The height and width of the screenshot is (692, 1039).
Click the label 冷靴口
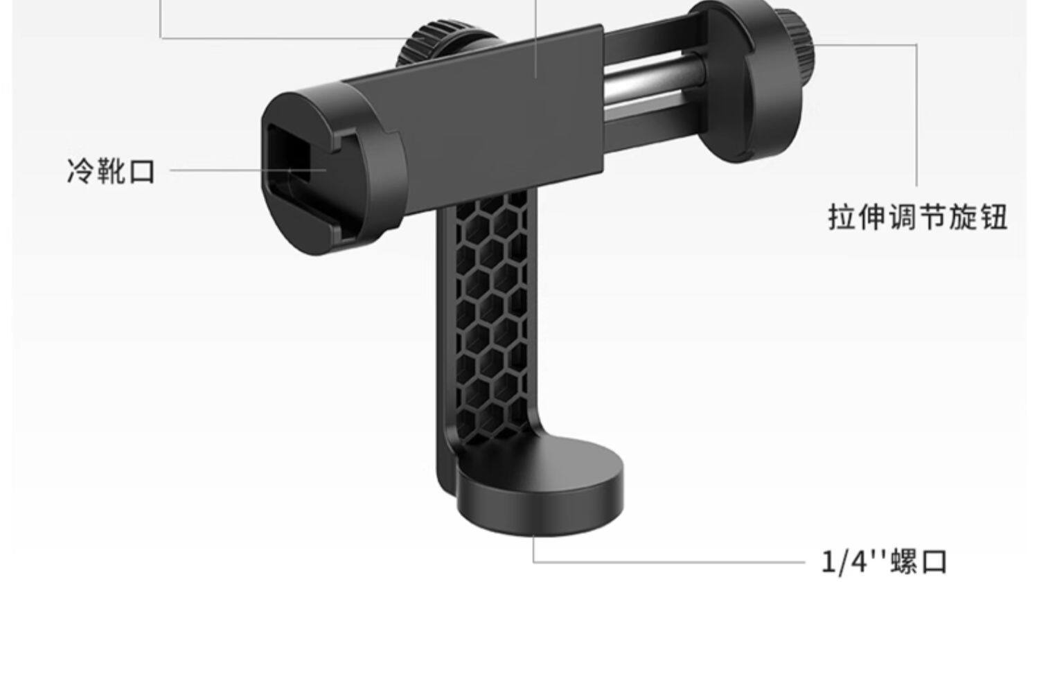click(111, 171)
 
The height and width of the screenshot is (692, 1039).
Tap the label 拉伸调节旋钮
click(918, 217)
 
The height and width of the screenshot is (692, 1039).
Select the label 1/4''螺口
click(884, 562)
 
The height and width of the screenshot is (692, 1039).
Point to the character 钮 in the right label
click(993, 217)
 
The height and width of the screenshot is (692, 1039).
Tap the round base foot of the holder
click(540, 487)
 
